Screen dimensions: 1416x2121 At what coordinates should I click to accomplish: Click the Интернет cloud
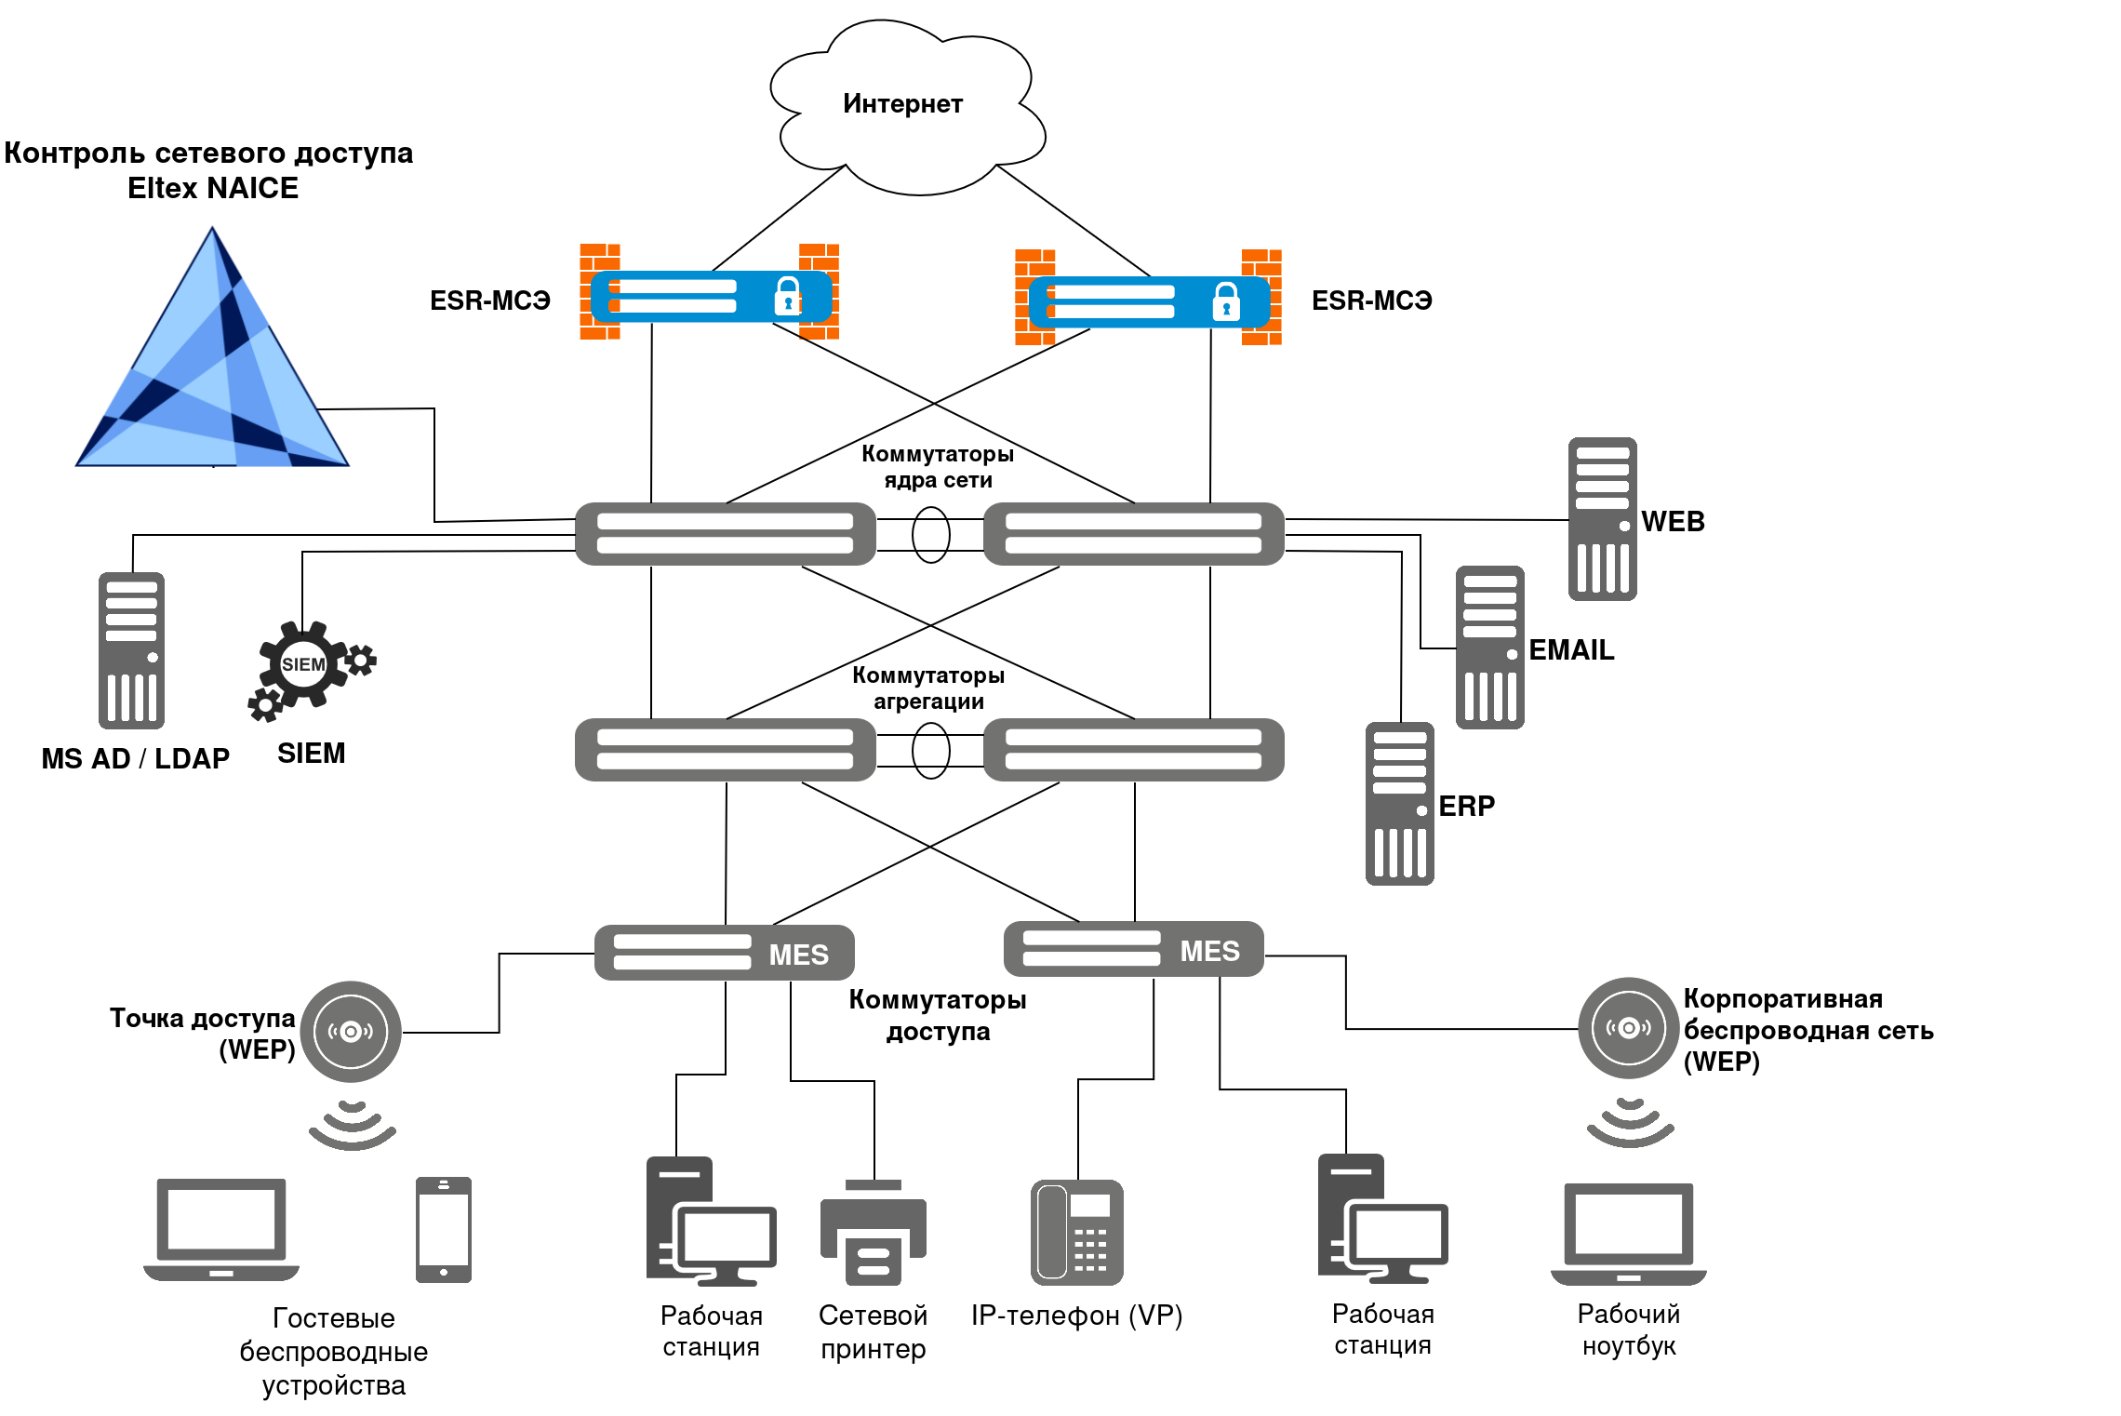(x=907, y=107)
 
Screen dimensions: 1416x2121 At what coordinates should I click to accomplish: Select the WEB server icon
(x=1602, y=519)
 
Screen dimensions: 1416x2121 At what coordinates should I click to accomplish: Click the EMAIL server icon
(x=1489, y=648)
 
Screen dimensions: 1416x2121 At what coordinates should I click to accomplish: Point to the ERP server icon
(x=1399, y=804)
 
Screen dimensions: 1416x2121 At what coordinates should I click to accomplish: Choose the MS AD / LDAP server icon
(x=131, y=650)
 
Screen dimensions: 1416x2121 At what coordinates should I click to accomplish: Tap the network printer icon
(x=873, y=1233)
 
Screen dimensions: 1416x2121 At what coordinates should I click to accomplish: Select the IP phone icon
(x=1077, y=1233)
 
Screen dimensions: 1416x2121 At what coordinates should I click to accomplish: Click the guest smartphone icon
(x=444, y=1230)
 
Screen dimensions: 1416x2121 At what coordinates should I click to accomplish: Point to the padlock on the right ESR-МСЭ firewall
(x=1226, y=301)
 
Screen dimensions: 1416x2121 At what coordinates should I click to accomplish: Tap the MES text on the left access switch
(x=798, y=955)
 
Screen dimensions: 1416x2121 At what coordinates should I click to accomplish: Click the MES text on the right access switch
(x=1209, y=951)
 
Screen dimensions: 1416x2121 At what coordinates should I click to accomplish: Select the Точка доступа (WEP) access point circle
(x=351, y=1032)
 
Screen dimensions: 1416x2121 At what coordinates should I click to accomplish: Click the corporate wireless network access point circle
(x=1628, y=1028)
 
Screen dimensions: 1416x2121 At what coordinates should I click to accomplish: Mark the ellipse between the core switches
(x=930, y=535)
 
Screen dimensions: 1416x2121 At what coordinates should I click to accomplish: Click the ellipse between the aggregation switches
(x=930, y=751)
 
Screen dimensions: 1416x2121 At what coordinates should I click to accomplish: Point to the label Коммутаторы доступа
(x=938, y=1015)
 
